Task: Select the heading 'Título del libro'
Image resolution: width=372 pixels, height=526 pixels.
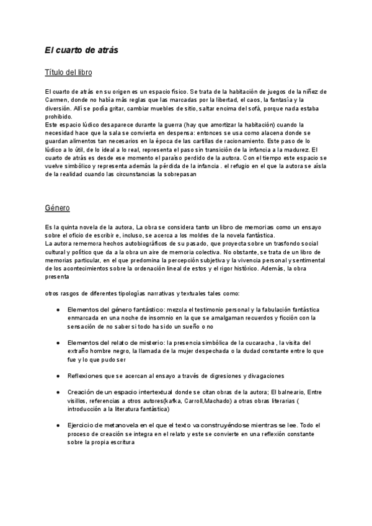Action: [69, 73]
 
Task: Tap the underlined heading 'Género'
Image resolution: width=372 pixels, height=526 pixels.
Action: [58, 207]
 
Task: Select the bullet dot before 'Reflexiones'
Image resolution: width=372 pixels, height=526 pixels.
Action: [58, 375]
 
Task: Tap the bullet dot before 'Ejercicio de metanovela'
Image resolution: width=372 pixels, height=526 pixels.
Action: [58, 425]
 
